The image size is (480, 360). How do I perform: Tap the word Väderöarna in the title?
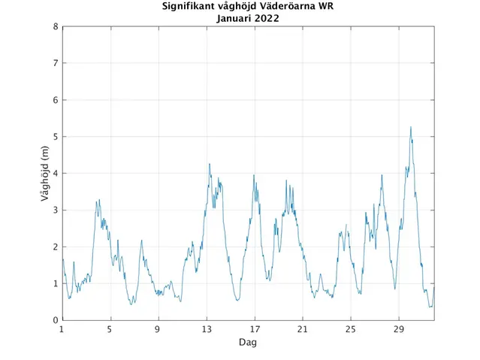tap(288, 7)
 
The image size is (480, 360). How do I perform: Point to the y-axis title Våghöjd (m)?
tap(44, 174)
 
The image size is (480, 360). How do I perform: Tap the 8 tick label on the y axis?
tap(55, 26)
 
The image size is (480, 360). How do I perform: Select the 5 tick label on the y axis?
tap(55, 137)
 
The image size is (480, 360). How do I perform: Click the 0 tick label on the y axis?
tap(55, 320)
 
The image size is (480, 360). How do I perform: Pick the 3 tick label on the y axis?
tap(55, 210)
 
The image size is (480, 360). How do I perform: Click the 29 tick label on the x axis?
tap(399, 329)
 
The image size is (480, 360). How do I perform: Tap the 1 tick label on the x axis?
tap(62, 329)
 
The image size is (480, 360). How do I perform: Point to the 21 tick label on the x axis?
tap(303, 329)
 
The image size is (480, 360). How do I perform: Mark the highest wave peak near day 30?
tap(410, 127)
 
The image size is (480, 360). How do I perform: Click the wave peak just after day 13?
tap(210, 164)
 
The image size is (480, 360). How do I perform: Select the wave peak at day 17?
tap(254, 175)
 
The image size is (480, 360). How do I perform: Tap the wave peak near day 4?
tap(98, 200)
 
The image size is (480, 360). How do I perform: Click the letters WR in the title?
tap(326, 7)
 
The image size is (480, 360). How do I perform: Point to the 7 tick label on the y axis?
tap(55, 63)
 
